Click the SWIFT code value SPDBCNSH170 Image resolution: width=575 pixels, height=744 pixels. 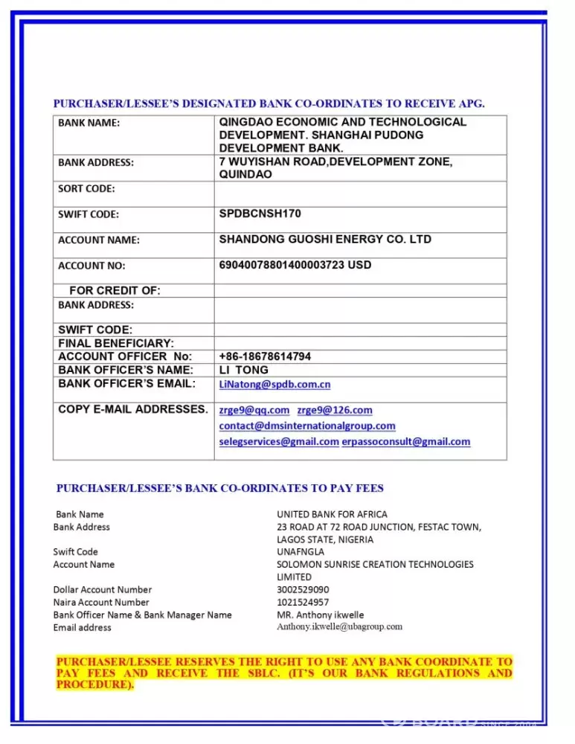[x=260, y=214]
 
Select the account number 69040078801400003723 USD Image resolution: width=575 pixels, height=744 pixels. [x=295, y=265]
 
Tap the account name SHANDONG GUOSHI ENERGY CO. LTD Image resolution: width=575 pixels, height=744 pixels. [x=325, y=240]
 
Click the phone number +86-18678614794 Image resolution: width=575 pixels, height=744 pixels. [x=265, y=356]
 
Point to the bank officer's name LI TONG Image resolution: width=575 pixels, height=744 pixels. [x=243, y=370]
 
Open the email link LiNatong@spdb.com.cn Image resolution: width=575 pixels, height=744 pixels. [x=274, y=385]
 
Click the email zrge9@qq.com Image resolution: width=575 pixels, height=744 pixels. [x=254, y=410]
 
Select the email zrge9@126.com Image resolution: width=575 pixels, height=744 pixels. [x=335, y=410]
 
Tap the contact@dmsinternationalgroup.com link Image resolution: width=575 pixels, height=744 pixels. [x=307, y=426]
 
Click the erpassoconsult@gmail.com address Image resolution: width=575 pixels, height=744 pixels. [x=406, y=441]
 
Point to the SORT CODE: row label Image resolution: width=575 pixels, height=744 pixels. [x=86, y=188]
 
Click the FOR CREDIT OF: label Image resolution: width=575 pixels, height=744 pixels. [x=115, y=290]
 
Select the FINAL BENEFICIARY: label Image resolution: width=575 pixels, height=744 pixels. [x=116, y=343]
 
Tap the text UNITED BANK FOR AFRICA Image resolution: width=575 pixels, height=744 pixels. [x=332, y=514]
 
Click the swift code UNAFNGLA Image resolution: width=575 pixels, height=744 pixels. [x=301, y=552]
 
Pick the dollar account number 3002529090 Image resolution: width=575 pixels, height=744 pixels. [x=303, y=589]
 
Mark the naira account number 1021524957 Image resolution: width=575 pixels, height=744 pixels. [x=303, y=602]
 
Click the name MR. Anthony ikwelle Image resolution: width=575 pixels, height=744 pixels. [x=321, y=615]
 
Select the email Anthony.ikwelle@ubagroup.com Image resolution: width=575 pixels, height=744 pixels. [x=339, y=626]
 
